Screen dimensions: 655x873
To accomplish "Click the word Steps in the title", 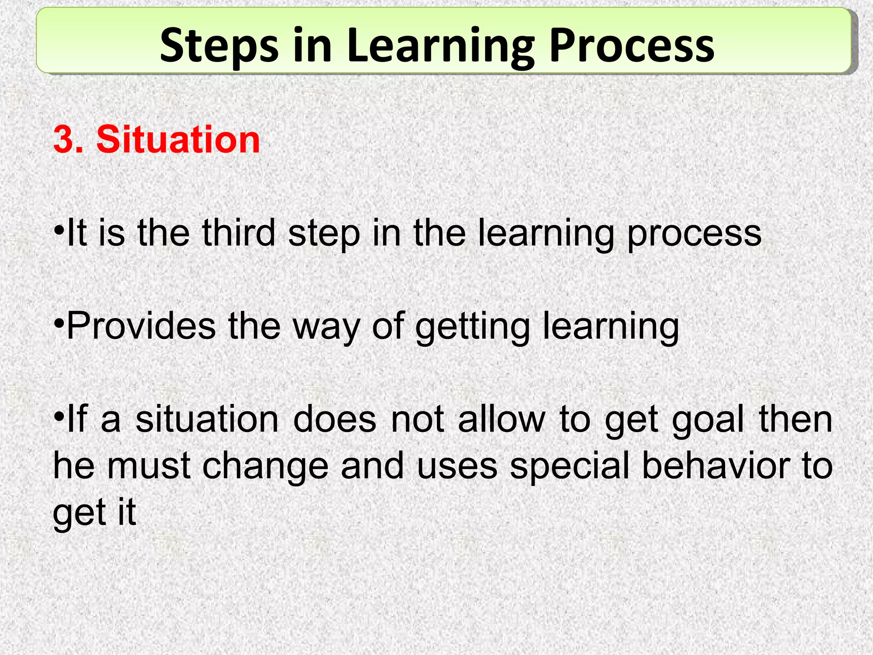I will coord(219,46).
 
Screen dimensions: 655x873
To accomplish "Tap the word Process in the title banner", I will coord(631,46).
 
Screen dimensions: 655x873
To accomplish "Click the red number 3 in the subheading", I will coord(64,140).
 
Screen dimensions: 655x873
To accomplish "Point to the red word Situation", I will coord(178,140).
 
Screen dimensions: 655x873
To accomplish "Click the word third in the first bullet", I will coord(238,233).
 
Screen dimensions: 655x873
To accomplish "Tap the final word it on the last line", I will coord(127,513).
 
